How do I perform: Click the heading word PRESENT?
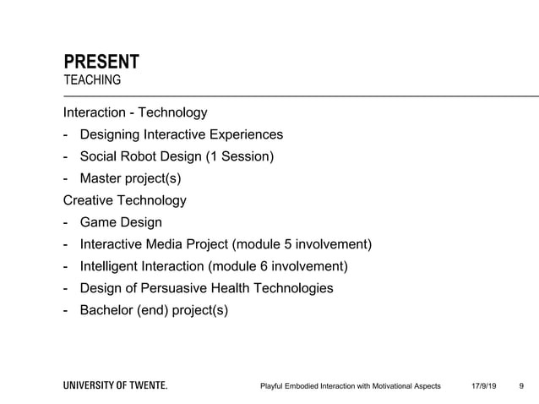[101, 62]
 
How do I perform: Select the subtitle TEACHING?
[92, 80]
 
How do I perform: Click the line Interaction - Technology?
[135, 112]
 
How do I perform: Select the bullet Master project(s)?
[130, 178]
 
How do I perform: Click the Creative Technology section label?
[125, 200]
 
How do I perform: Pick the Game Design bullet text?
[121, 222]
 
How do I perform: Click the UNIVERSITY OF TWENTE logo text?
[116, 385]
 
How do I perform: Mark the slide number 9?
[520, 386]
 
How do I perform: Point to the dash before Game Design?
[66, 222]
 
